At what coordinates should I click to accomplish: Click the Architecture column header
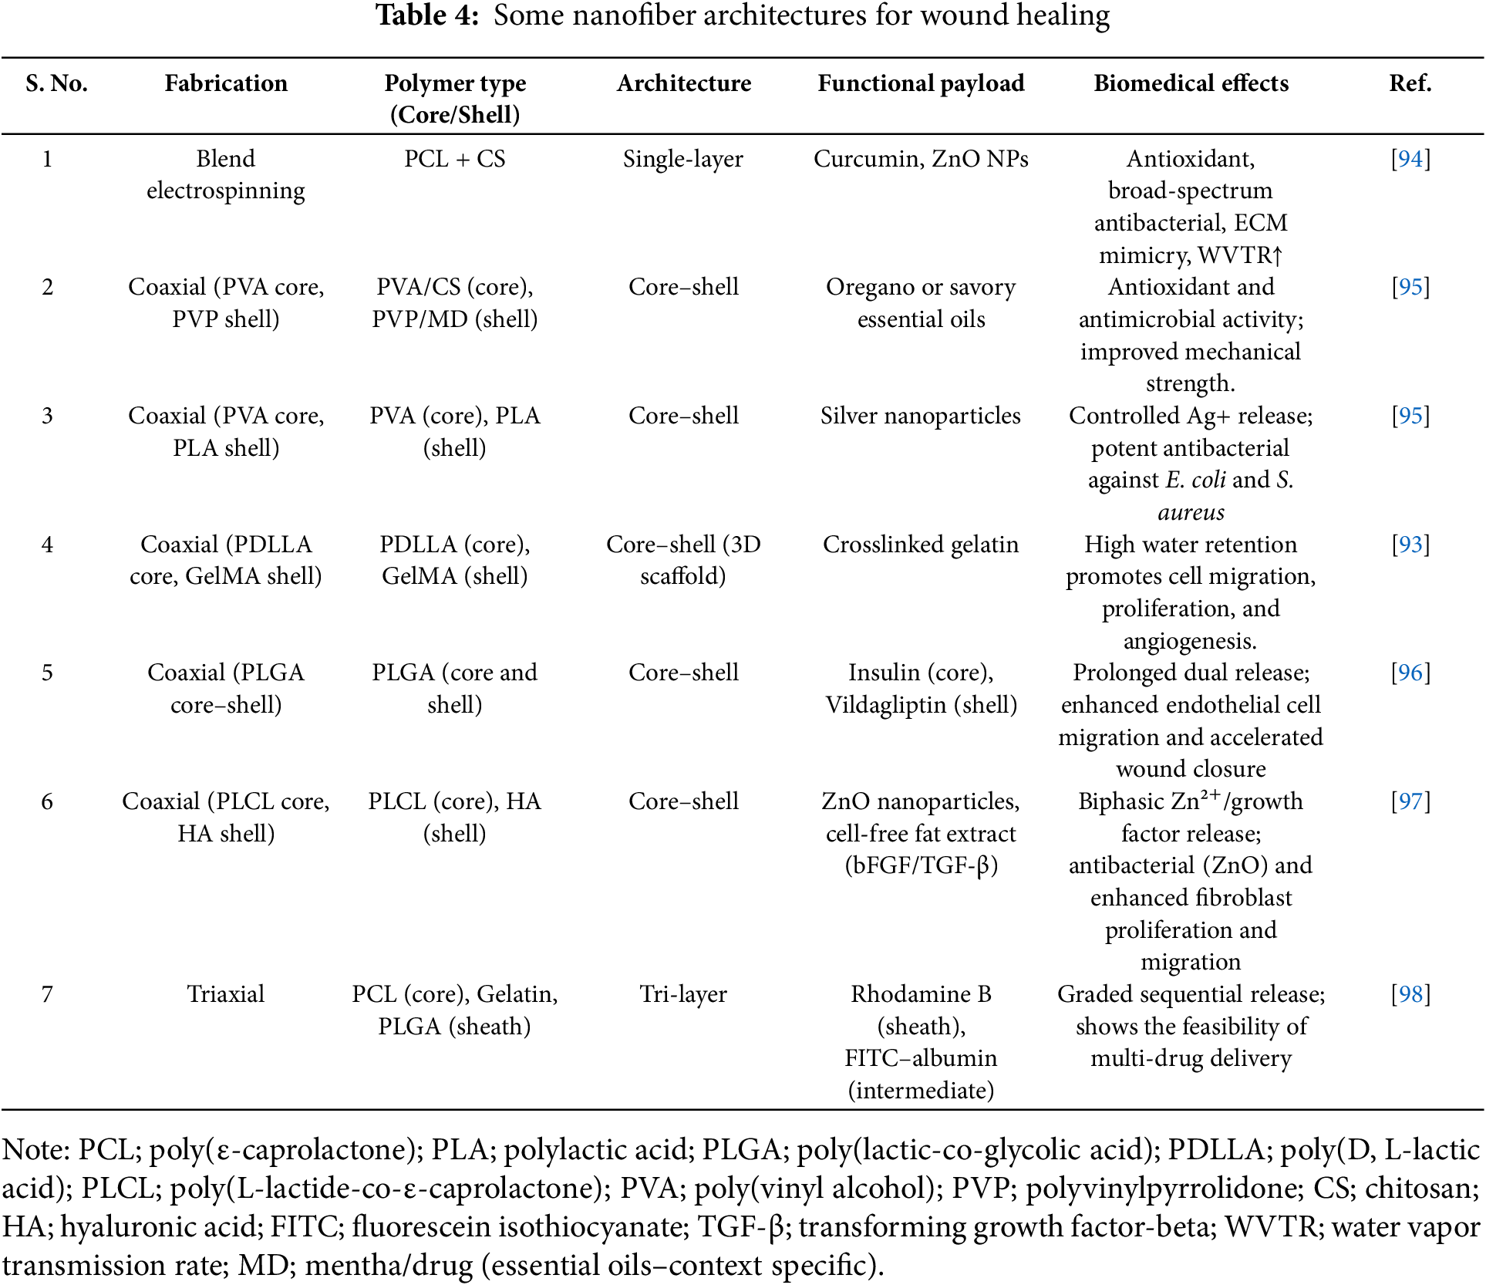click(683, 83)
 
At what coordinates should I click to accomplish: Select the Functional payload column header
click(921, 83)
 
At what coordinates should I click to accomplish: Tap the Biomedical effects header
click(1191, 83)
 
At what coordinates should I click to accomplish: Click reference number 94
click(1410, 159)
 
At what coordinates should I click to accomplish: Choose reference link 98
click(1410, 994)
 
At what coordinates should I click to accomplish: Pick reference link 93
click(1410, 545)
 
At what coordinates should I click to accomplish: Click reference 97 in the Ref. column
click(1410, 801)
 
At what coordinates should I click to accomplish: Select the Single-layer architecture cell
click(683, 159)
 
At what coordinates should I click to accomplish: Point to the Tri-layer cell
click(683, 994)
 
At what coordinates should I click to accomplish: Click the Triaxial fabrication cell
click(225, 994)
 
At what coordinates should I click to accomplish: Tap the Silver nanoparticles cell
click(920, 416)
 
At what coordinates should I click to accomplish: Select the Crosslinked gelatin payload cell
click(920, 545)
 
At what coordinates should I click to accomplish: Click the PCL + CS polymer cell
click(455, 159)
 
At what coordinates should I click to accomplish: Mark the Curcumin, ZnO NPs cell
click(921, 159)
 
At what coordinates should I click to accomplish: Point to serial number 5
click(47, 673)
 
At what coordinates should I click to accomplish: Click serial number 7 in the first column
click(47, 994)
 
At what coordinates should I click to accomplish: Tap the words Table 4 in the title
click(427, 15)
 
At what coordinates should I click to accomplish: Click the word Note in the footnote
click(35, 1150)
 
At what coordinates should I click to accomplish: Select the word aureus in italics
click(1191, 512)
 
